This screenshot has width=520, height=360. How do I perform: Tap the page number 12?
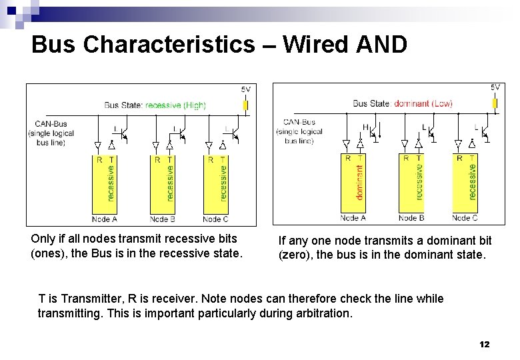pyautogui.click(x=485, y=344)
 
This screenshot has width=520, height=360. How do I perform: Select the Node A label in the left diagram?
pyautogui.click(x=105, y=219)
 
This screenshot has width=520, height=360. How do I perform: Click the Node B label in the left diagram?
pyautogui.click(x=163, y=219)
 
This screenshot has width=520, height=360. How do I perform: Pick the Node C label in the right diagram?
pyautogui.click(x=465, y=218)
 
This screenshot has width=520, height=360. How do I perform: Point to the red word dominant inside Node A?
pyautogui.click(x=360, y=183)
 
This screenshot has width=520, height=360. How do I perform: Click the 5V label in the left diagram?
pyautogui.click(x=246, y=89)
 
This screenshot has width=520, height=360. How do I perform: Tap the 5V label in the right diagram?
pyautogui.click(x=495, y=87)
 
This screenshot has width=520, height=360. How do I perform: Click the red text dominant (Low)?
pyautogui.click(x=423, y=103)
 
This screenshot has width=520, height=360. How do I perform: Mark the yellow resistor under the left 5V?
pyautogui.click(x=245, y=105)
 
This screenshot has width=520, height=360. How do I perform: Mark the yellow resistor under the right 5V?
pyautogui.click(x=495, y=103)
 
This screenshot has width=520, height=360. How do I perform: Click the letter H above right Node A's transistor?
pyautogui.click(x=365, y=127)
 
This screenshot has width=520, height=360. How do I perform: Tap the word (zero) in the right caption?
pyautogui.click(x=295, y=255)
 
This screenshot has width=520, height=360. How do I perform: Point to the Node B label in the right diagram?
pyautogui.click(x=411, y=218)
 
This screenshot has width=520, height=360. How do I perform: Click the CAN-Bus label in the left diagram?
pyautogui.click(x=51, y=123)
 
